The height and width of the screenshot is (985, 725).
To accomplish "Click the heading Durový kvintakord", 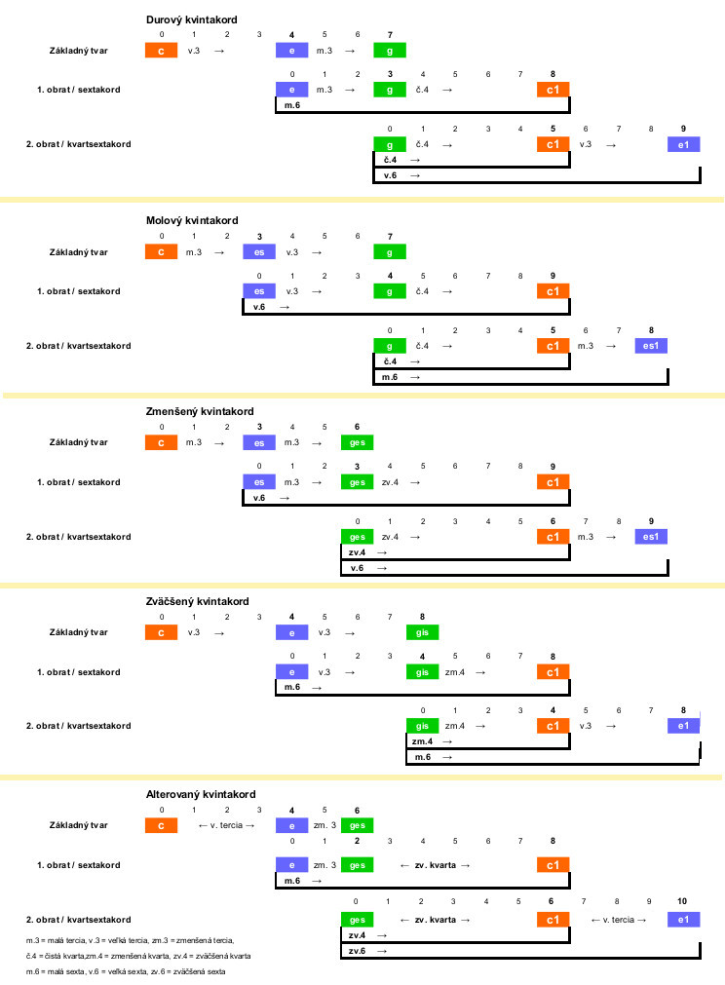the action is point(192,19).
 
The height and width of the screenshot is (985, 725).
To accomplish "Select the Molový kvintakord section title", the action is point(192,220).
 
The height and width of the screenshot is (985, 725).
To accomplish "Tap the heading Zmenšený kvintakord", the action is point(200,411).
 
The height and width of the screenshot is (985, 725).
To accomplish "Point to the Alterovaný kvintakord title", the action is point(201,794).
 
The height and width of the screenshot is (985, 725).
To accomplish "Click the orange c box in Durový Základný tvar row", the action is point(161,51).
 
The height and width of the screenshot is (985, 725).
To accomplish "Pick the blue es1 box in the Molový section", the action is point(651,346).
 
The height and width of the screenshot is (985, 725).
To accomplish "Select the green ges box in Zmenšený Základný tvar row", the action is point(357,442).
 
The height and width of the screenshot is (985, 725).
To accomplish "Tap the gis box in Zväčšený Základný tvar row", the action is point(422,632).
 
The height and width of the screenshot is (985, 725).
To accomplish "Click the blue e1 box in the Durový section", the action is point(683,144).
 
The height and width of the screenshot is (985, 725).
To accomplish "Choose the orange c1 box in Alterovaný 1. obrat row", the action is point(553,865).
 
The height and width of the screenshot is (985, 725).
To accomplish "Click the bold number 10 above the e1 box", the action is point(682,901).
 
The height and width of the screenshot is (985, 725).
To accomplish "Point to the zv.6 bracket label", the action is point(357,951).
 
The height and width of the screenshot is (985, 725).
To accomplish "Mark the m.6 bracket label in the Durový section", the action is point(292,105).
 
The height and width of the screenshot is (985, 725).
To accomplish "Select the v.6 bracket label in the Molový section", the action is point(259,307).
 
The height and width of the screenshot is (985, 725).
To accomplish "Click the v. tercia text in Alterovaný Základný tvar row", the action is point(226,825).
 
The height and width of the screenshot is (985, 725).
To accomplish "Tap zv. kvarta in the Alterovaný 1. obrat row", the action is point(436,865).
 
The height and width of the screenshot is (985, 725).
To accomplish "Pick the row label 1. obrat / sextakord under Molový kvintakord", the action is point(79,291).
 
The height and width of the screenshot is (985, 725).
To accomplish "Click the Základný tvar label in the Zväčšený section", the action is point(79,632).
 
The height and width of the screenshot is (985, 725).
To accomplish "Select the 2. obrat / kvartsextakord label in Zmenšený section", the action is point(79,537).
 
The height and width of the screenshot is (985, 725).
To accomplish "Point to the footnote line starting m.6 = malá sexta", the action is point(126,971).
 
